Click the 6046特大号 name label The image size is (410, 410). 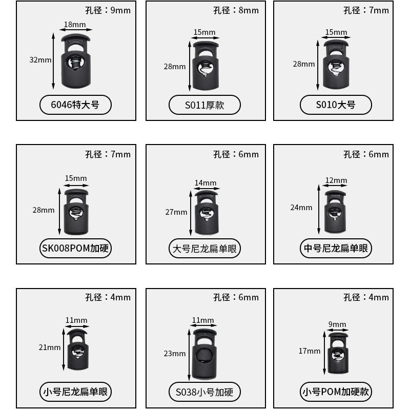pos(75,106)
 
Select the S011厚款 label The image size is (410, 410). pos(204,106)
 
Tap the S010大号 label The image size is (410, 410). pos(336,106)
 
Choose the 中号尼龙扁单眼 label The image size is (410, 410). pos(336,249)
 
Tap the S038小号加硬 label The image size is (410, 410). pos(204,393)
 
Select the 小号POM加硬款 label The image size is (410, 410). pos(336,393)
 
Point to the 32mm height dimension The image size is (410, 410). pos(40,60)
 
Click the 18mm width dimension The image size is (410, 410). pos(75,25)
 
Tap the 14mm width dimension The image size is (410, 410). pos(205,183)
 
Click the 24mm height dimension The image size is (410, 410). pos(301,208)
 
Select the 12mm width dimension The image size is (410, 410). pos(336,180)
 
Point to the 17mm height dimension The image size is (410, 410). pos(310,351)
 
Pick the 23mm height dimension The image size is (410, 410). pos(175,353)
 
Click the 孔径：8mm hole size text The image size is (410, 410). pos(236,10)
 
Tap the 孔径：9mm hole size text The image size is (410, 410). pos(108,10)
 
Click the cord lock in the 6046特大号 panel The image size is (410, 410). pos(75,61)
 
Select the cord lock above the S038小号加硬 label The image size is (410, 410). pos(205,354)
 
